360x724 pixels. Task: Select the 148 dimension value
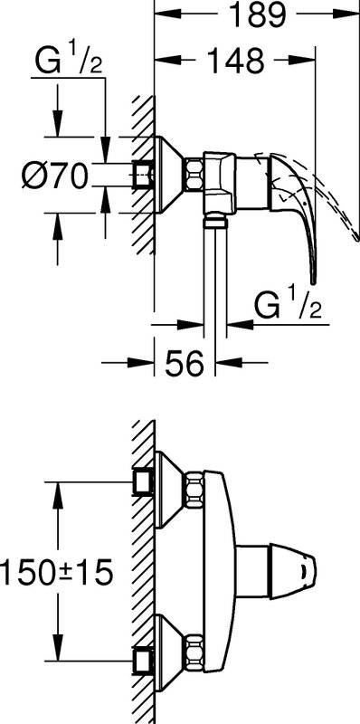[235, 60]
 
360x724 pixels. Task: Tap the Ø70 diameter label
[54, 176]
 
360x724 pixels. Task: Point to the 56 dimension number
[184, 363]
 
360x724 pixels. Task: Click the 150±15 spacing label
[56, 573]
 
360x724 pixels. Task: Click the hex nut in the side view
[194, 175]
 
